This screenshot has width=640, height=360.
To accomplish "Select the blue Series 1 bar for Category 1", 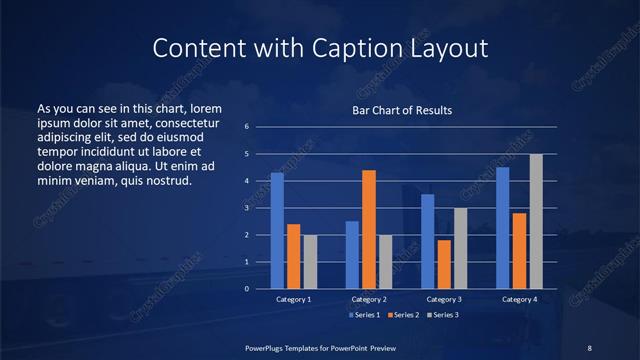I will coord(277,231).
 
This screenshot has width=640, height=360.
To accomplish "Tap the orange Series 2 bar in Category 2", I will coord(368,229).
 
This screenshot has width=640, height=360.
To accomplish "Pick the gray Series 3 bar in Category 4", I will coord(536,221).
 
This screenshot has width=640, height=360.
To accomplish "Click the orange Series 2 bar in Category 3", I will coord(444,264).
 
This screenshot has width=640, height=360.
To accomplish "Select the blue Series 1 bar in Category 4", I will coord(503,228).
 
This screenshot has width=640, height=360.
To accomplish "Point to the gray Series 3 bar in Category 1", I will coord(310,262).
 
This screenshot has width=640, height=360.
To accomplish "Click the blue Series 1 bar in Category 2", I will coord(352,255).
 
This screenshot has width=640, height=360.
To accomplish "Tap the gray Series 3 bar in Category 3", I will coord(460,248).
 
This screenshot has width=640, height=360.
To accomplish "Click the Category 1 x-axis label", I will coord(293,299).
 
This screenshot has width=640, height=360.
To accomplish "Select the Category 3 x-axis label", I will coord(443,299).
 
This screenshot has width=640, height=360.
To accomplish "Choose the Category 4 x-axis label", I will coord(519,299).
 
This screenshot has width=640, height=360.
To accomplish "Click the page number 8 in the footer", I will coord(589,347).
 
